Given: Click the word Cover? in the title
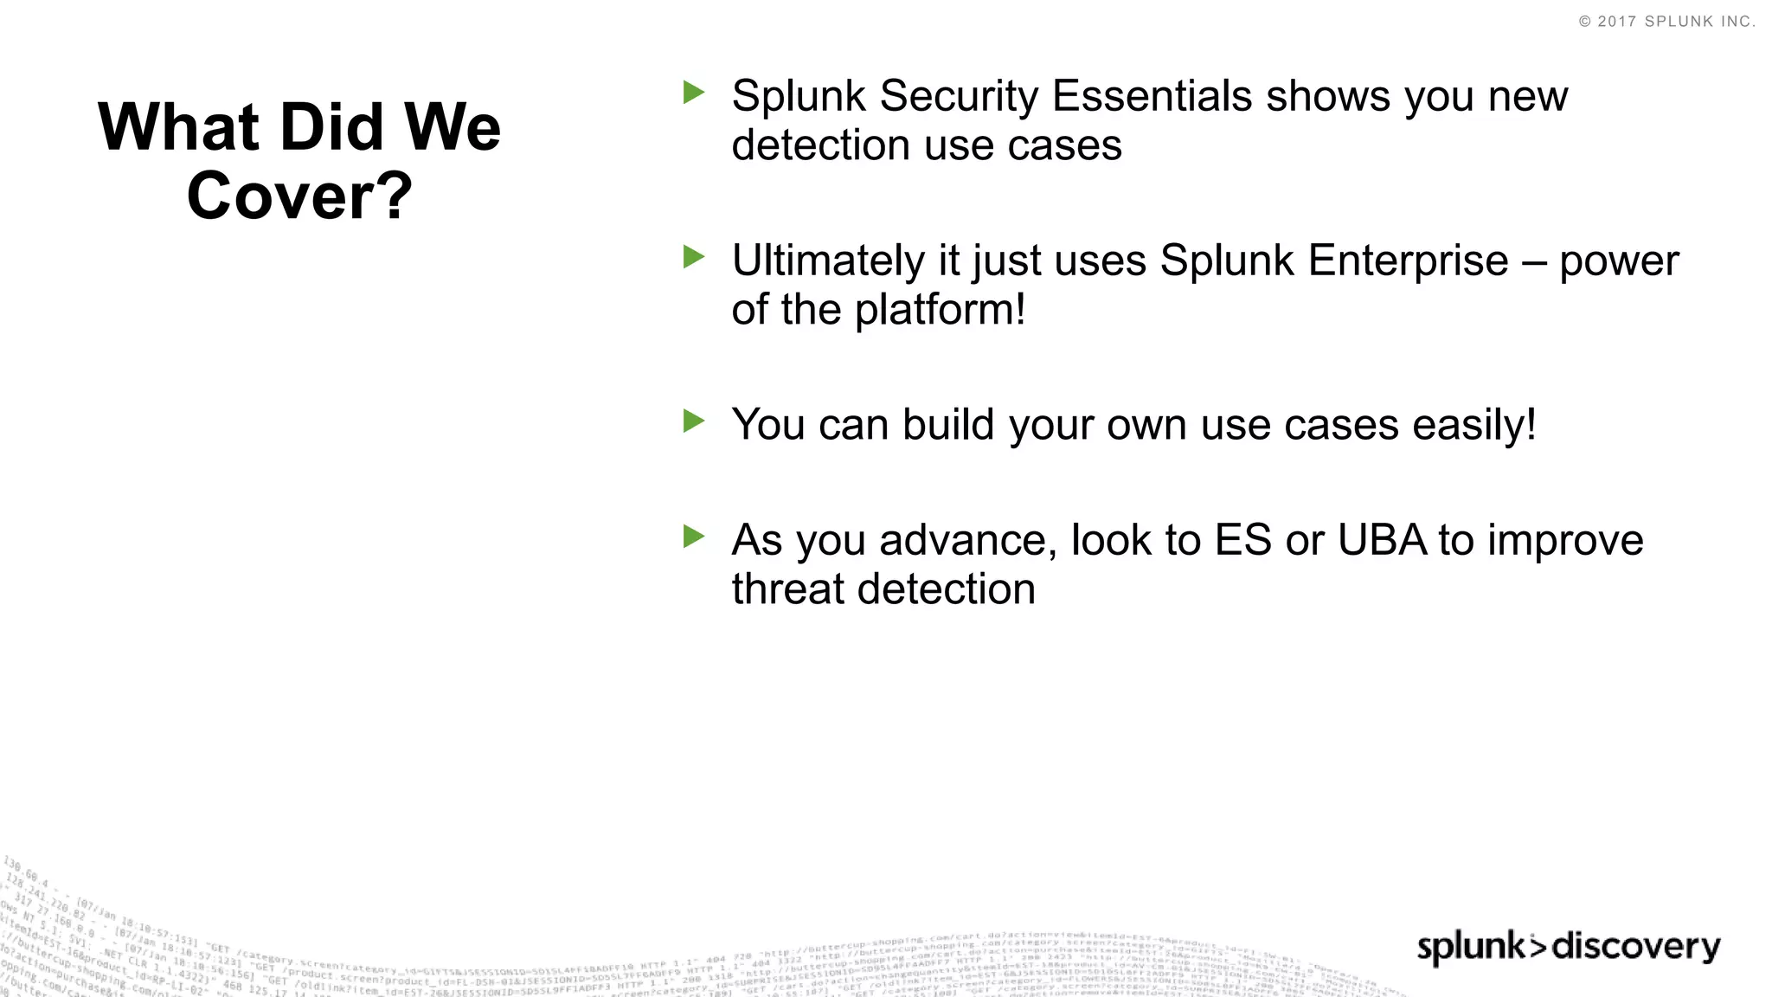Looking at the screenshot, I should point(299,196).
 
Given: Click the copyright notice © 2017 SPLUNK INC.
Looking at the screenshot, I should point(1666,22).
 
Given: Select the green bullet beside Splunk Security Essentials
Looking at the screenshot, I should point(693,92).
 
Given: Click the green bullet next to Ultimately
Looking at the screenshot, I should point(693,256).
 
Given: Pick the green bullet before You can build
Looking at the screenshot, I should point(693,421).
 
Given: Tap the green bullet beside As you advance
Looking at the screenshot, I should point(693,536).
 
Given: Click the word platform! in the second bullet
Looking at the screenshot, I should point(940,310).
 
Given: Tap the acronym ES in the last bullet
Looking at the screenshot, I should point(1242,540).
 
